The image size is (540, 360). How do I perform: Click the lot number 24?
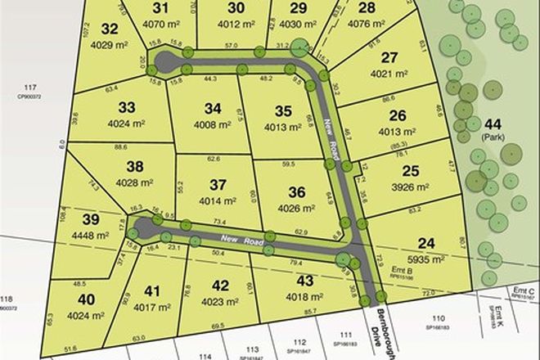[425, 242]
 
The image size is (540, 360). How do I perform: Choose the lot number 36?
[296, 192]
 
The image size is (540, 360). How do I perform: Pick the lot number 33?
[126, 108]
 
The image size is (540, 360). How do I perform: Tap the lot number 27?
[389, 58]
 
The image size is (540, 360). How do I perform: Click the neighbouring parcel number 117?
[31, 87]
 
